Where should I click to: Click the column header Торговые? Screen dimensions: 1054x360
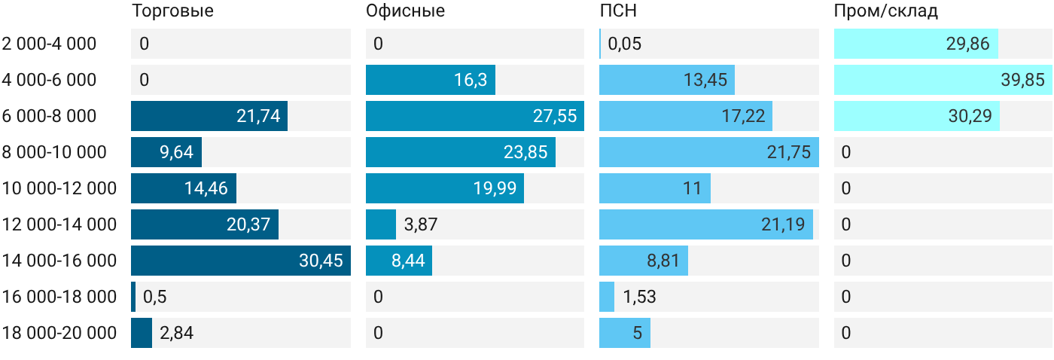172,11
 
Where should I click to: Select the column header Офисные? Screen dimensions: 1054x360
405,11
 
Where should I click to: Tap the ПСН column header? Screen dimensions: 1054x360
618,11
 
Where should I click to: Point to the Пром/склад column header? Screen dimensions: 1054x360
886,11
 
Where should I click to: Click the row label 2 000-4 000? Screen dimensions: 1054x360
49,44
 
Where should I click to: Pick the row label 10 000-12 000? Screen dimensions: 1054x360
59,188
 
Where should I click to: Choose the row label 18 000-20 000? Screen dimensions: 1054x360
59,333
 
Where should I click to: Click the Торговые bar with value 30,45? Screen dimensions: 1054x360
241,261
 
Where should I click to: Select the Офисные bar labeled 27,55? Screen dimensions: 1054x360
475,116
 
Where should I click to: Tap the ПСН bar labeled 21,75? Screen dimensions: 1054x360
709,152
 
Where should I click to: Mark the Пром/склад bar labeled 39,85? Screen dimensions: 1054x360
943,80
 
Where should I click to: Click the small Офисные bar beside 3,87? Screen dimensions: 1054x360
381,224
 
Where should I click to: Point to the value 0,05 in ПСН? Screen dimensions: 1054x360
624,44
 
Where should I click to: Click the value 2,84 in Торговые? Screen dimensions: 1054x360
176,333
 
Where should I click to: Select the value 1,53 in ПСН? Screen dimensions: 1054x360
639,297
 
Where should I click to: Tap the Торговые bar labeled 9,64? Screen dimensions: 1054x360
166,152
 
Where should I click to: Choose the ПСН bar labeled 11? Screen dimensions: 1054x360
655,188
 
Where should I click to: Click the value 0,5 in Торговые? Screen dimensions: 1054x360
155,297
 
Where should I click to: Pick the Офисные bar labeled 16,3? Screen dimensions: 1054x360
431,80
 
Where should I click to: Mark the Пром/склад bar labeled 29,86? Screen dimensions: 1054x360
916,44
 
